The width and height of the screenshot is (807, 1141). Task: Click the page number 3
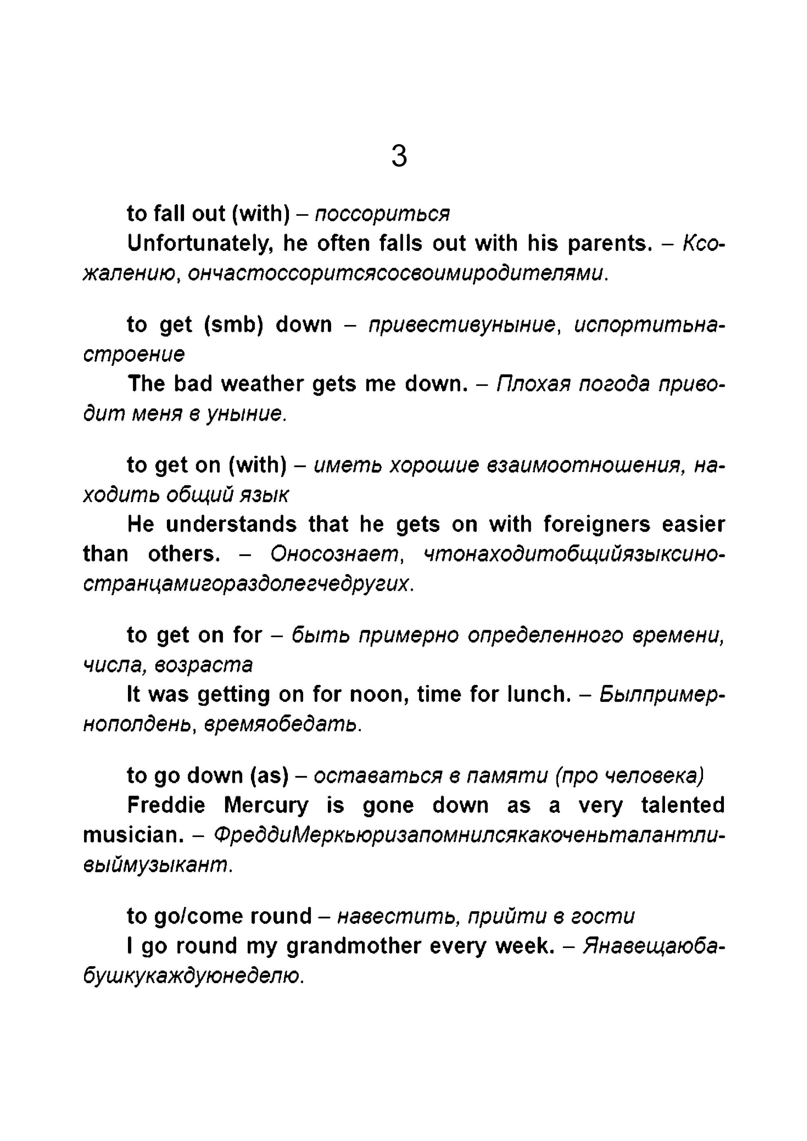coord(399,156)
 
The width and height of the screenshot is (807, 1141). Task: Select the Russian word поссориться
coord(382,214)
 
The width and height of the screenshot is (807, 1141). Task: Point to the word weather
coord(262,384)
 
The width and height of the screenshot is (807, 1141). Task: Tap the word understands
coord(231,524)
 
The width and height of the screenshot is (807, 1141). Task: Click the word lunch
coord(539,694)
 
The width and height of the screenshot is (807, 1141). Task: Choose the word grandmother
coord(353,946)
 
